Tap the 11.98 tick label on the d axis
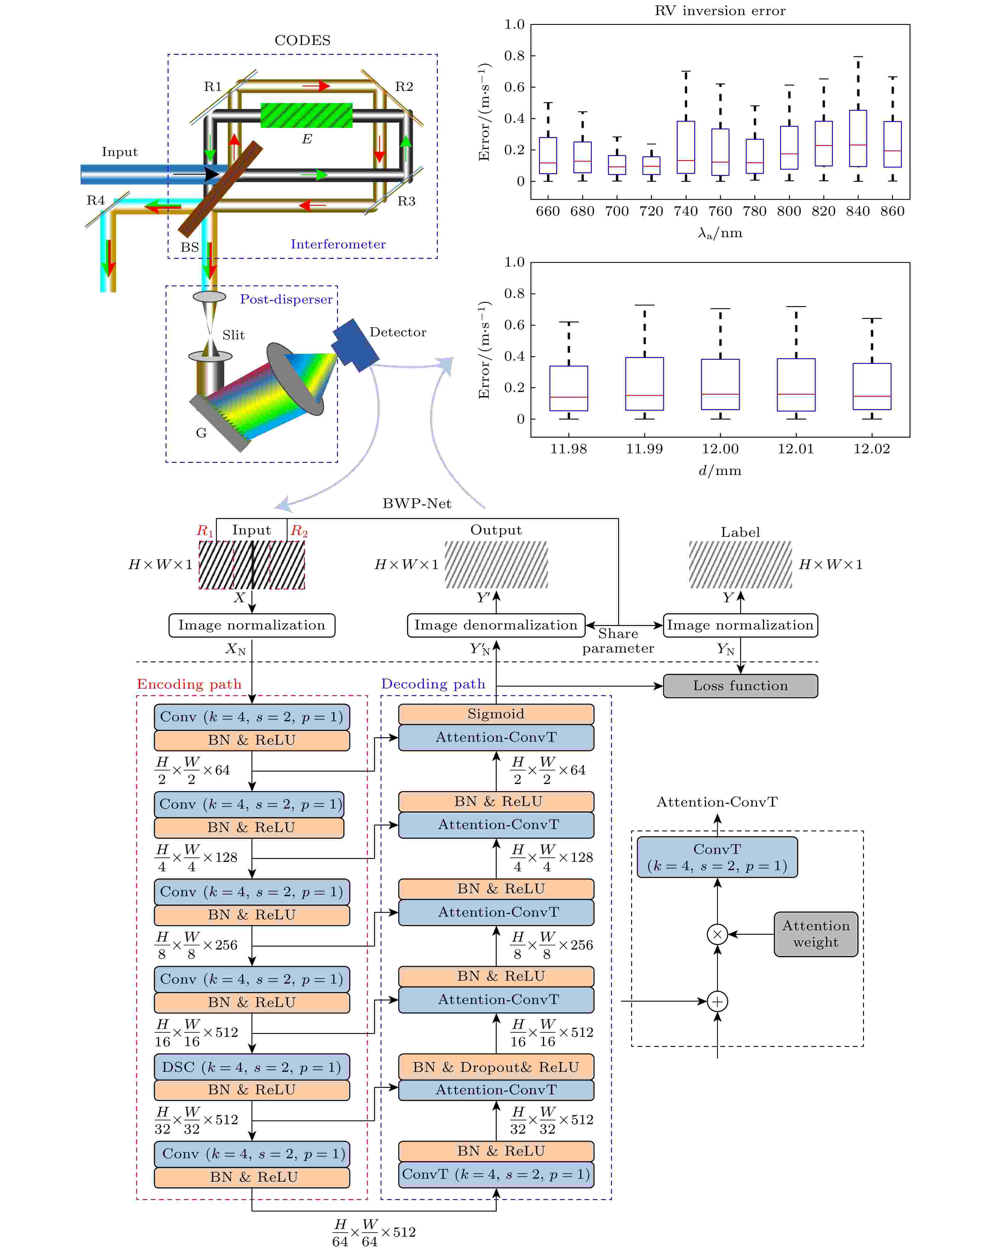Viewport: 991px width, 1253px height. pyautogui.click(x=569, y=449)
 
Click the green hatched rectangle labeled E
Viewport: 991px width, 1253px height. pyautogui.click(x=306, y=115)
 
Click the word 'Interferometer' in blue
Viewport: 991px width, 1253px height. pyautogui.click(x=338, y=244)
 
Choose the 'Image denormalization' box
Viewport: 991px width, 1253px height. pyautogui.click(x=496, y=625)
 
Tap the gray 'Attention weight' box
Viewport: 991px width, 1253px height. pyautogui.click(x=816, y=934)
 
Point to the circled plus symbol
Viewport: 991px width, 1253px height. pyautogui.click(x=718, y=1001)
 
